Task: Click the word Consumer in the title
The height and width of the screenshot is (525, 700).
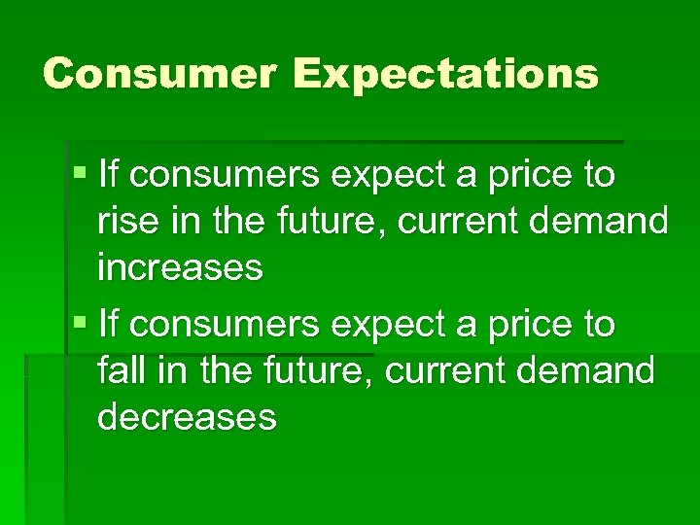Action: coord(150,73)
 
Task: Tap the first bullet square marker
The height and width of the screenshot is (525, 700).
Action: coord(80,176)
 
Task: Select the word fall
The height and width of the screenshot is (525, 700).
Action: coord(122,370)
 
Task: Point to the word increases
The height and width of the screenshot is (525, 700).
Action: coord(180,266)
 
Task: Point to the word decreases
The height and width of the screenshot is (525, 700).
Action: coord(187,416)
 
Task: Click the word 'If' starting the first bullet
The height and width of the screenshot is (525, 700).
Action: coord(109,176)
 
